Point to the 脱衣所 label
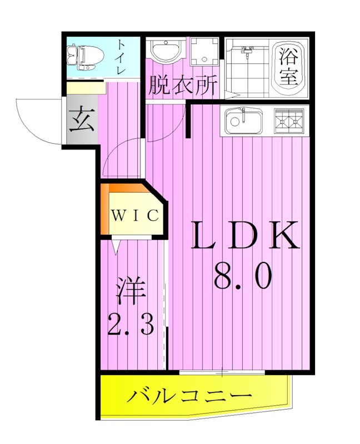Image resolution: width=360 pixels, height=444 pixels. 181,86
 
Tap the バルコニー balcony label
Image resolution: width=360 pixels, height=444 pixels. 189,396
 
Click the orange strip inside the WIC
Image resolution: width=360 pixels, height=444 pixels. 105,211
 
